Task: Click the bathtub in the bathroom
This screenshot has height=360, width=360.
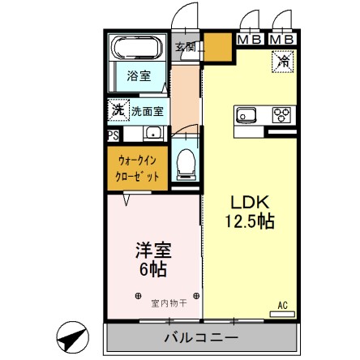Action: (x=136, y=49)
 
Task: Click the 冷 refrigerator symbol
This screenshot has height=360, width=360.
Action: (x=285, y=60)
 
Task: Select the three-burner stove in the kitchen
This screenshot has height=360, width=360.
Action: (x=284, y=114)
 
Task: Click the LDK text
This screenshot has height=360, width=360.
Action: (x=243, y=202)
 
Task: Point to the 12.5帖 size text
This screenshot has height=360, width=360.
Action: (x=246, y=221)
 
